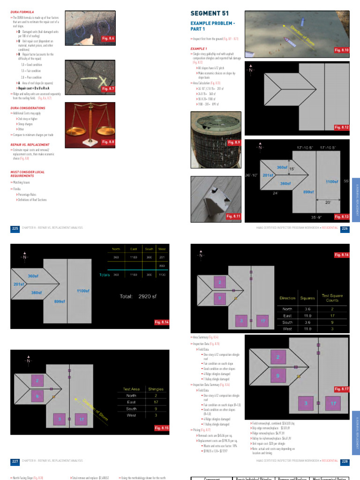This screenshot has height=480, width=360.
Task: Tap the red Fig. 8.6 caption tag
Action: (x=108, y=38)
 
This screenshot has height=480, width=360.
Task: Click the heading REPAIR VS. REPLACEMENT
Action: (x=30, y=145)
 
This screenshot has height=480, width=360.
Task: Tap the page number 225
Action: (x=15, y=228)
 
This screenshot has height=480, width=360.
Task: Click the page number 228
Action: (x=345, y=461)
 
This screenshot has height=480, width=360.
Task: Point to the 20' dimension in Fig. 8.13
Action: (x=328, y=202)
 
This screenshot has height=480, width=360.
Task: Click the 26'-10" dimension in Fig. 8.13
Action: (x=251, y=175)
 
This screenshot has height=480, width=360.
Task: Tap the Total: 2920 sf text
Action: (x=140, y=296)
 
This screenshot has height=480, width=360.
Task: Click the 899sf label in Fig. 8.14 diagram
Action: (x=59, y=301)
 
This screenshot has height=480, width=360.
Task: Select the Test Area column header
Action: (x=131, y=389)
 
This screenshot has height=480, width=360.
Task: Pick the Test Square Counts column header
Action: (x=332, y=298)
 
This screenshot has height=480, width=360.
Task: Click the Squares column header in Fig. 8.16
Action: (x=307, y=298)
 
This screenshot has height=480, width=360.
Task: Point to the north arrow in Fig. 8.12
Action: (x=251, y=69)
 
